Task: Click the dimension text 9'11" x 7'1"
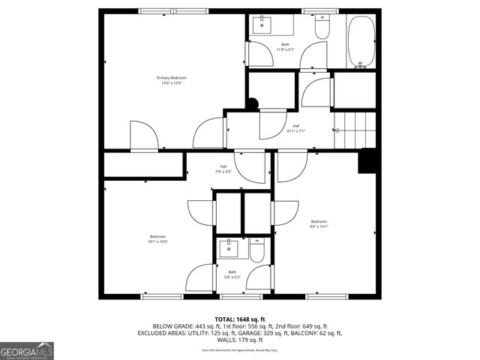[296, 130]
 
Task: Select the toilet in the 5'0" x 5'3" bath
[256, 252]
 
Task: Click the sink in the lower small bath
[229, 247]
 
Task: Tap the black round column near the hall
[253, 105]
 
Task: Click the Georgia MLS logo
[27, 351]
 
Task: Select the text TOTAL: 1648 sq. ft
[240, 319]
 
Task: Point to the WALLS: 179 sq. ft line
[240, 340]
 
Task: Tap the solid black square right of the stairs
[367, 161]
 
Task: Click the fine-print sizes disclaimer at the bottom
[240, 350]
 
